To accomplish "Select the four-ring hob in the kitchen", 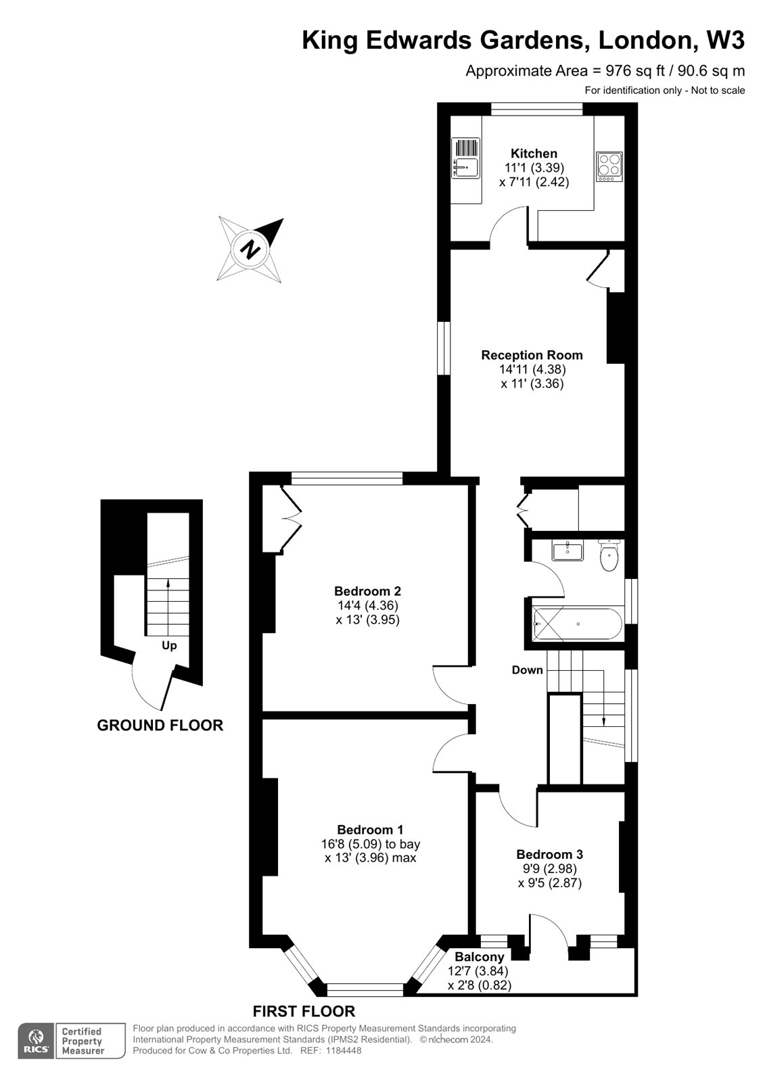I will coord(609,166).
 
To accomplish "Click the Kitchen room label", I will coord(534,154).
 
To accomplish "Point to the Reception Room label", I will coord(532,355).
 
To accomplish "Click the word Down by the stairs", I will coord(527,670).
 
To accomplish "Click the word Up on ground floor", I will coord(169,646).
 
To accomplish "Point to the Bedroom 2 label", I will coord(367,591).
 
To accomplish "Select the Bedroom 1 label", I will coord(370,830).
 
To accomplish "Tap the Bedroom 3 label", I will coord(549,854).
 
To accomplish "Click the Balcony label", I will coord(479,957).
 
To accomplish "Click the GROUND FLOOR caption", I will coord(160,726).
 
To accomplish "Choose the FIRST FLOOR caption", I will coord(304,1012).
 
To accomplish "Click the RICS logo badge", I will coord(35,1041).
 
